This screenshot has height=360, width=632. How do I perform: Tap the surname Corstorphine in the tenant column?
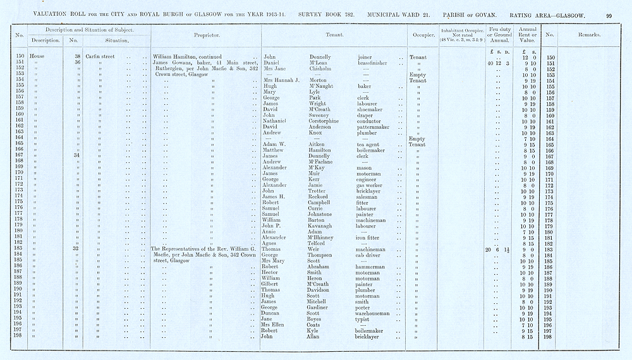322,121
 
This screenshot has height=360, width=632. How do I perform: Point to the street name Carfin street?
99,57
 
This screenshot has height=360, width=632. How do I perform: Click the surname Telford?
308,243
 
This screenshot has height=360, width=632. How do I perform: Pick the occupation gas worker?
370,185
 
